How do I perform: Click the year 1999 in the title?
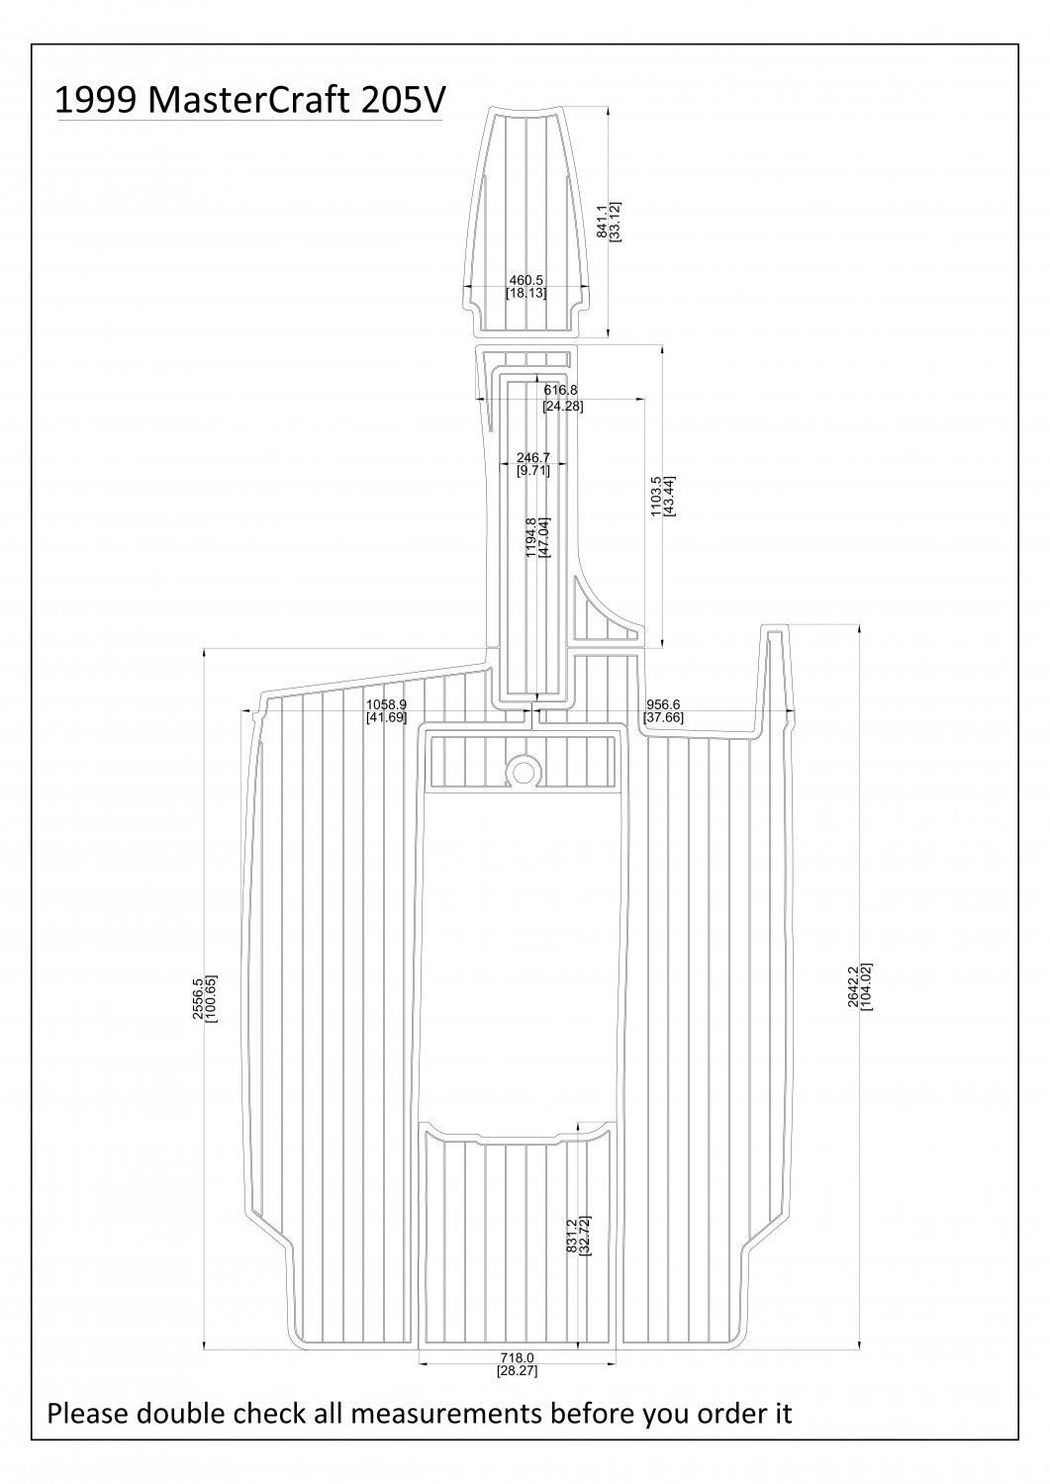point(96,100)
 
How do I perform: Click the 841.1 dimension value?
point(601,222)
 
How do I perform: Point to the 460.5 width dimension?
point(525,281)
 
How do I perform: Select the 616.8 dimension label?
point(561,390)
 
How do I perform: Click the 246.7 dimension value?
point(533,458)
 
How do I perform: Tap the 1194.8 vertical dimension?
point(531,537)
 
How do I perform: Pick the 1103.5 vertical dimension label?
point(655,497)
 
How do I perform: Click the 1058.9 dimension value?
point(387,704)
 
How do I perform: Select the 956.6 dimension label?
point(663,704)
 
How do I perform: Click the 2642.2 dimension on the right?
point(853,986)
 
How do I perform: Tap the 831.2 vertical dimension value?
point(571,1236)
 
